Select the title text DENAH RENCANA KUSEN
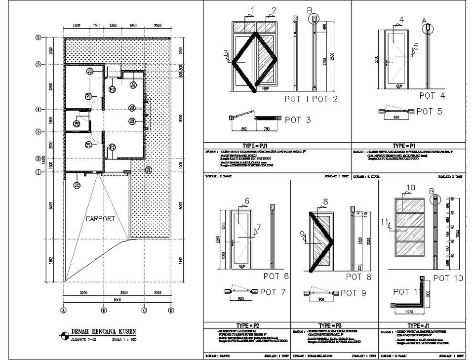point(104,330)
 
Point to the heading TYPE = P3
point(330,325)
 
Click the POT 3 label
point(298,120)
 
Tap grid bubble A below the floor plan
point(63,311)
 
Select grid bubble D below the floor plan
point(170,311)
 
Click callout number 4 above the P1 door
point(401,19)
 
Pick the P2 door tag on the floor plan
point(77,124)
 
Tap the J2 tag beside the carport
point(77,186)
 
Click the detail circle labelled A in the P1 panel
point(428,28)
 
